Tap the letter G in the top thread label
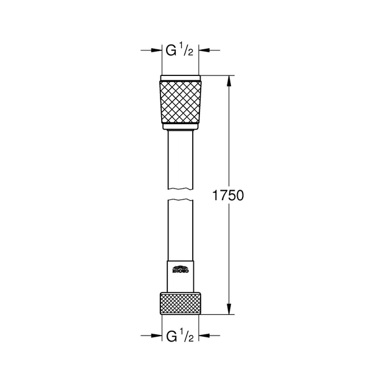(172, 51)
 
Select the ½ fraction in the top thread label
(188, 50)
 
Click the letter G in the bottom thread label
(172, 336)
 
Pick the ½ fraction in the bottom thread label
(188, 334)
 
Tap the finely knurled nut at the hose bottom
(181, 303)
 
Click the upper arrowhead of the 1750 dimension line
(229, 80)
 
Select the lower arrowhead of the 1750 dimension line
(229, 310)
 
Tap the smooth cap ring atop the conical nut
(181, 78)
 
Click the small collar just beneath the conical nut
(181, 129)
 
